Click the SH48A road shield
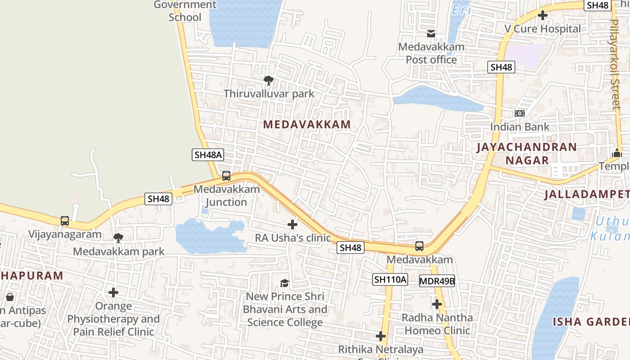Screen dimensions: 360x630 click(208, 155)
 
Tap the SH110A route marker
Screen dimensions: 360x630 click(390, 279)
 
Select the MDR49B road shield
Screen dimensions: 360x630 click(437, 281)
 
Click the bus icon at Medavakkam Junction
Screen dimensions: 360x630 click(226, 176)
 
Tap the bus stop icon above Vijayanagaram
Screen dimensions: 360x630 click(65, 221)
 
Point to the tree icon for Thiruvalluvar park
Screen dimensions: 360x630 click(269, 81)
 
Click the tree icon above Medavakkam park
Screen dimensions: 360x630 click(118, 238)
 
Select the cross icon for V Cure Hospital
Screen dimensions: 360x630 click(543, 15)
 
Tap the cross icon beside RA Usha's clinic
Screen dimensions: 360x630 click(292, 224)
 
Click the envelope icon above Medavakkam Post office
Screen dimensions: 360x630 click(431, 34)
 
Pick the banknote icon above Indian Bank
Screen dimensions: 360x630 click(520, 113)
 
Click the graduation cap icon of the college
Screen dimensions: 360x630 click(284, 283)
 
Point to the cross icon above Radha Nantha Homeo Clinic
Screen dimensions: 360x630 click(436, 304)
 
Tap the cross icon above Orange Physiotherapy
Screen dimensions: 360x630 click(113, 292)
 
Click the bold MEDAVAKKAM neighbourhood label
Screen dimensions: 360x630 click(307, 125)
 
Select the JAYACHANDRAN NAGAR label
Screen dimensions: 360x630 click(526, 153)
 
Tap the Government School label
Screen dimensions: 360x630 click(185, 11)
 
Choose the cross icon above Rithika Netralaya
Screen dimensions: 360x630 click(381, 336)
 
